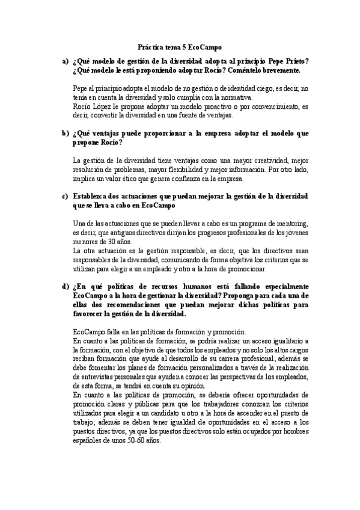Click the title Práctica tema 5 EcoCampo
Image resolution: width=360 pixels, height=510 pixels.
[x=180, y=46]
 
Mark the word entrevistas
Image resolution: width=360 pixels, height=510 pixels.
[x=90, y=378]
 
